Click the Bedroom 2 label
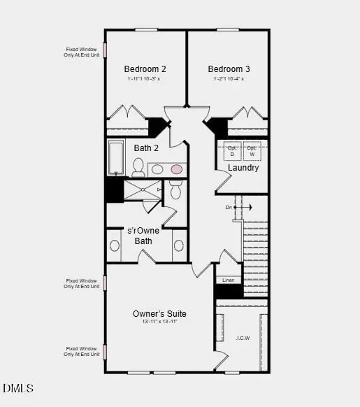point(145,69)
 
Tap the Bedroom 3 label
point(229,69)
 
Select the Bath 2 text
point(147,148)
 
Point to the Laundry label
point(243,168)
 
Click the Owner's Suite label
point(159,313)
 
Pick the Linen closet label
point(229,280)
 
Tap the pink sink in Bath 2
point(177,169)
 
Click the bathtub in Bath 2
point(116,158)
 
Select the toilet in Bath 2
point(138,167)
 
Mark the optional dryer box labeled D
point(232,151)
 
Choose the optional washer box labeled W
point(252,151)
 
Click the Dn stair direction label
point(229,208)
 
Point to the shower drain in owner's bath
point(143,189)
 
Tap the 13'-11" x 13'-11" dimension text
point(159,322)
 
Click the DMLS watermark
point(17,388)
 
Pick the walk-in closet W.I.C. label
point(242,338)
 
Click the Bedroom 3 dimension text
point(229,78)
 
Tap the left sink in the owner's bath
point(115,246)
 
